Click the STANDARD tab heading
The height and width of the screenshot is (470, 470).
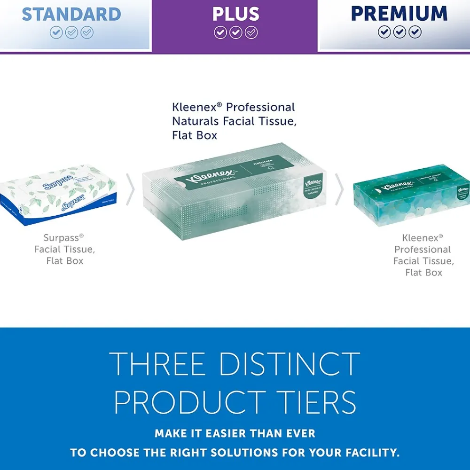point(71,14)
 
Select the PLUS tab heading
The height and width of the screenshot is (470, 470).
point(235,14)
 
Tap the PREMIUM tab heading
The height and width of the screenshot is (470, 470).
point(399,14)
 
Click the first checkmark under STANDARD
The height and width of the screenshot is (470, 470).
point(56,32)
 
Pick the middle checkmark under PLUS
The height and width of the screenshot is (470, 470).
point(235,32)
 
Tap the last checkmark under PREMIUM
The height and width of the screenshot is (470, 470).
point(415,32)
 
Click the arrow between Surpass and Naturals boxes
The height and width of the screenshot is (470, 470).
point(131,189)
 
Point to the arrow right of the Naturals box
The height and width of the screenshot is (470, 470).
point(339,189)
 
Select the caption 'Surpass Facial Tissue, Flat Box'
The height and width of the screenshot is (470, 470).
point(64,250)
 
